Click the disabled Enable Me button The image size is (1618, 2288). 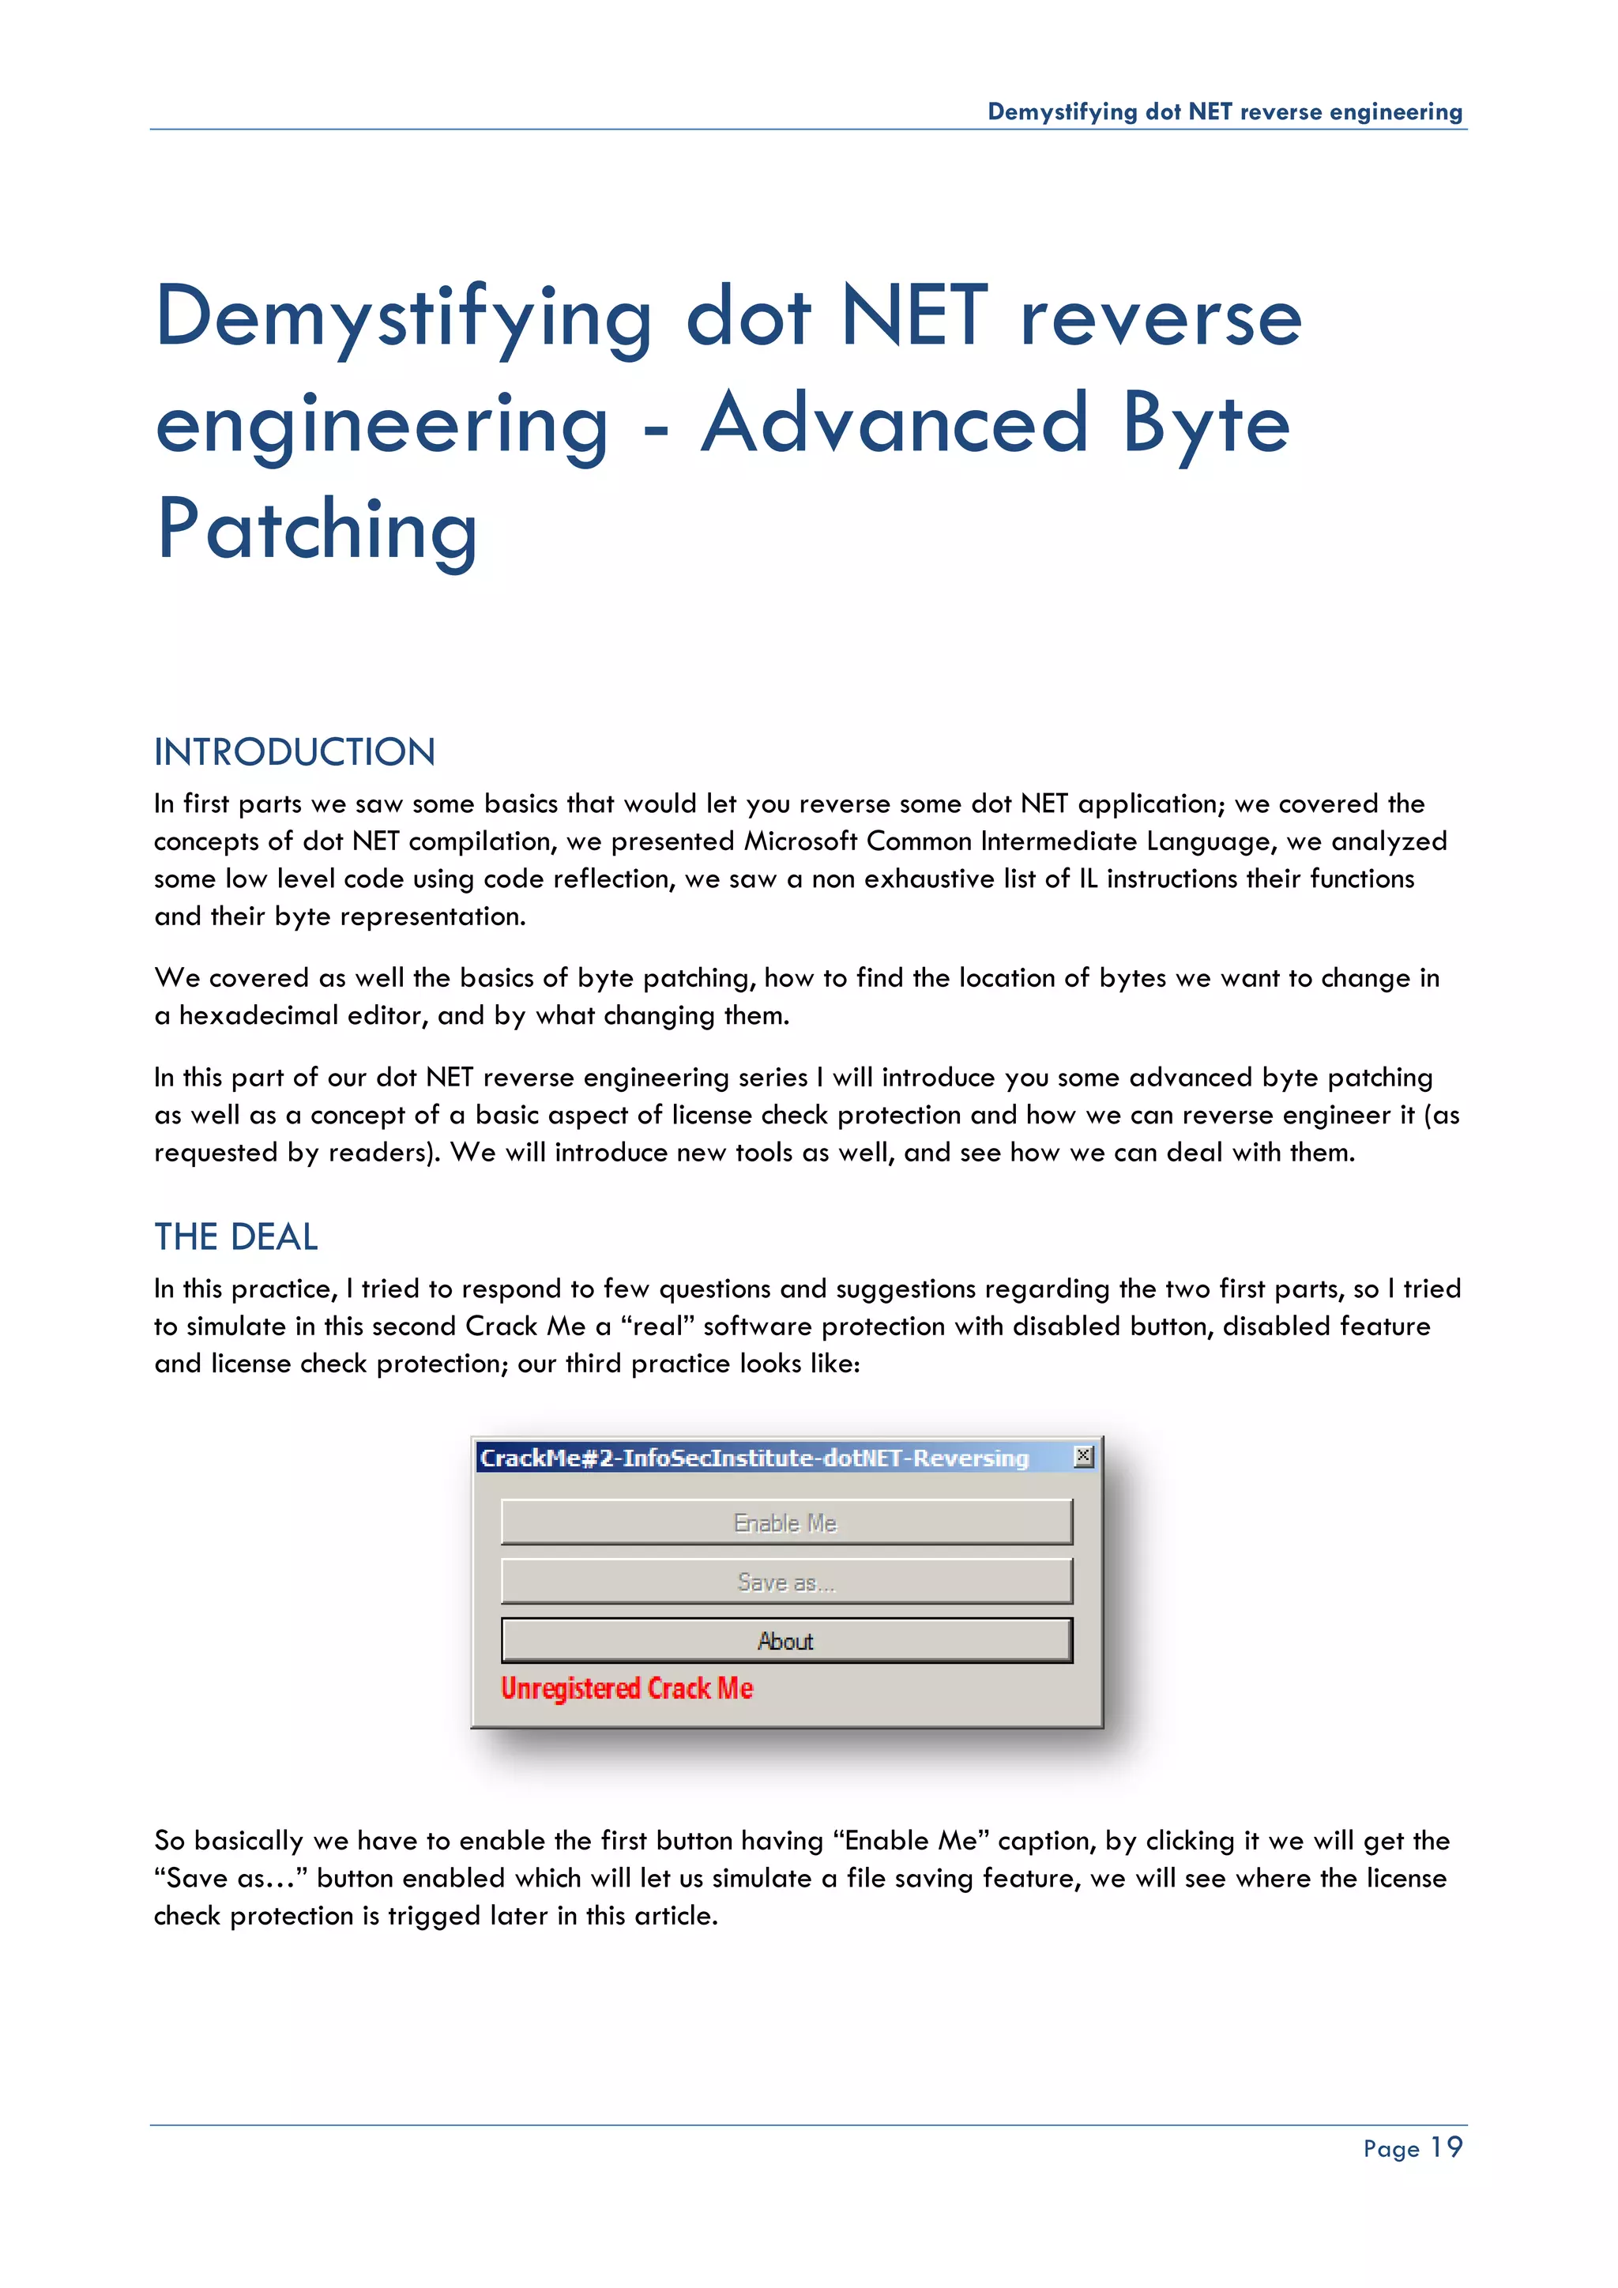[x=786, y=1522]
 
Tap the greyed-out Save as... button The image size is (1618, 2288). [x=786, y=1582]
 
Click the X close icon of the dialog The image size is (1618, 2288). [x=1083, y=1457]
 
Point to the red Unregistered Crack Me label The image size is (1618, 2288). [x=627, y=1688]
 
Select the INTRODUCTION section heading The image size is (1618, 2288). [x=295, y=752]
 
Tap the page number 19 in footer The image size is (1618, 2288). [x=1447, y=2147]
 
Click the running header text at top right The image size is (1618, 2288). [x=1225, y=111]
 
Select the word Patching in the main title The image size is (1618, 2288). [x=318, y=529]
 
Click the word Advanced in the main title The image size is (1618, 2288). [x=894, y=423]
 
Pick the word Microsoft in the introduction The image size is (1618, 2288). [x=800, y=841]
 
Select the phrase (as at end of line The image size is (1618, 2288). [x=1442, y=1115]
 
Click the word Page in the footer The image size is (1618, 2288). [x=1390, y=2150]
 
